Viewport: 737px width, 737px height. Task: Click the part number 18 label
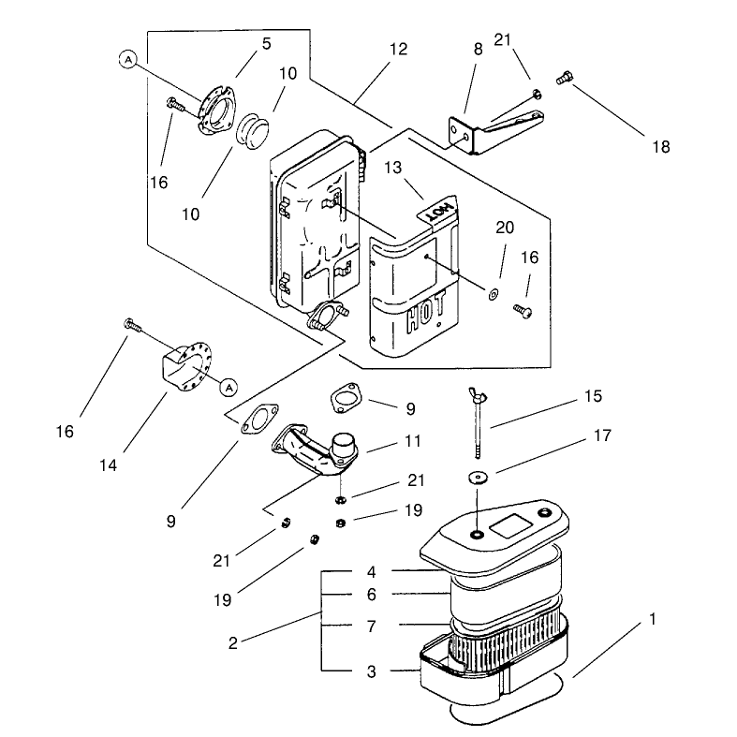click(661, 147)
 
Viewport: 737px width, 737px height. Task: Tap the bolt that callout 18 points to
click(565, 78)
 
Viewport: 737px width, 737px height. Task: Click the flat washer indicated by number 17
click(478, 478)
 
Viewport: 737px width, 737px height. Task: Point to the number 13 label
click(393, 168)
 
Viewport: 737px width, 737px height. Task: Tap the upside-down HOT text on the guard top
click(440, 212)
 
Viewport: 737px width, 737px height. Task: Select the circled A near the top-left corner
click(128, 60)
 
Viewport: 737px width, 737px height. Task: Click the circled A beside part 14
click(228, 388)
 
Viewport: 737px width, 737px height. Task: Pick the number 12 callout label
click(399, 50)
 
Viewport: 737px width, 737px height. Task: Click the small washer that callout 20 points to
click(494, 295)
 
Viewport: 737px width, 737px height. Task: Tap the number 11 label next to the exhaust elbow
click(413, 441)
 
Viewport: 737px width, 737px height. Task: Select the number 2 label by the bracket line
click(233, 643)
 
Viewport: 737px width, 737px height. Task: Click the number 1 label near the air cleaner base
click(653, 619)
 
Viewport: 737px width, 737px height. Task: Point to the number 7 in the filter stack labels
click(372, 626)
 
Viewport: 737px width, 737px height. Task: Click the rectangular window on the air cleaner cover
click(509, 525)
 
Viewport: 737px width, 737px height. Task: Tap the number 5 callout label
click(267, 44)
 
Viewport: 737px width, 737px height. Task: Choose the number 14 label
click(108, 465)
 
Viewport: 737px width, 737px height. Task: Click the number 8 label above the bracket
click(478, 50)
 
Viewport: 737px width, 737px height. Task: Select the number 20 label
click(505, 228)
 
